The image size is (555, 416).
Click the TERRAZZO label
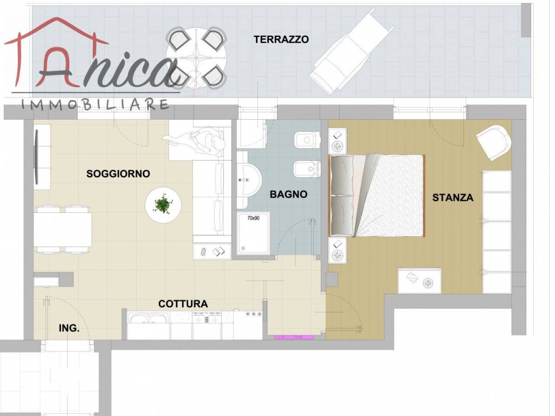pyautogui.click(x=281, y=40)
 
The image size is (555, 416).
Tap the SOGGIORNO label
pyautogui.click(x=118, y=174)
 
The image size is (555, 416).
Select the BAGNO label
pyautogui.click(x=288, y=194)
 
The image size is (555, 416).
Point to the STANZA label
pyautogui.click(x=453, y=198)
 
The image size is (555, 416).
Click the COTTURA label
pyautogui.click(x=183, y=304)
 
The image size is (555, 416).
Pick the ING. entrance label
pyautogui.click(x=69, y=328)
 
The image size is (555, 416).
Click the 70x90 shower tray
pyautogui.click(x=254, y=233)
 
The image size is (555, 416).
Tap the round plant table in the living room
pyautogui.click(x=162, y=205)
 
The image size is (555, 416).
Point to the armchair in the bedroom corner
pyautogui.click(x=494, y=141)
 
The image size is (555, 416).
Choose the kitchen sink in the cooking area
pyautogui.click(x=148, y=320)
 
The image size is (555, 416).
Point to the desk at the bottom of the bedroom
pyautogui.click(x=419, y=281)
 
